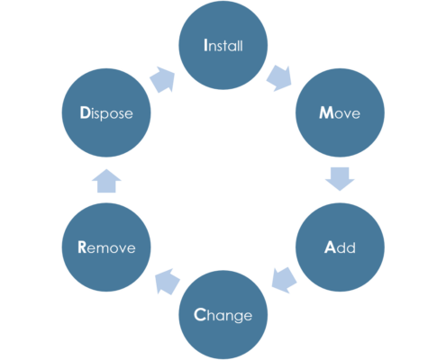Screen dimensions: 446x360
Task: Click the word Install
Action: [223, 45]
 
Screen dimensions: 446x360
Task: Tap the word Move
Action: [340, 112]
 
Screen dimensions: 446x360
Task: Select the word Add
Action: [340, 247]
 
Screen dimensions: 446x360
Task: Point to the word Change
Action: [223, 316]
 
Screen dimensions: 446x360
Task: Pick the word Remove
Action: [106, 247]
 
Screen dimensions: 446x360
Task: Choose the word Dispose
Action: [106, 113]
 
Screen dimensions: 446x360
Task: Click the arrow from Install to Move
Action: [279, 78]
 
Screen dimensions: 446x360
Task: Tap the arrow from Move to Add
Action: [340, 179]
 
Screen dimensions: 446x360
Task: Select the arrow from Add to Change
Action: [284, 280]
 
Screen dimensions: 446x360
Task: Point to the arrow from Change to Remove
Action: [168, 282]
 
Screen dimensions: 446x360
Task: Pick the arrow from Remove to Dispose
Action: [106, 181]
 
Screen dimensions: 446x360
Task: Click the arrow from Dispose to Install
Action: [162, 79]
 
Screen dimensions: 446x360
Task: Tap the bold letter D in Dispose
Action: [85, 112]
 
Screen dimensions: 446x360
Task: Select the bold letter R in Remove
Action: [82, 247]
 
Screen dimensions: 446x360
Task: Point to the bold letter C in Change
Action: [200, 315]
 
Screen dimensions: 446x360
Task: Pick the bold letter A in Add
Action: [330, 247]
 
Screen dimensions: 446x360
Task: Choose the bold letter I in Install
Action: [205, 45]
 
